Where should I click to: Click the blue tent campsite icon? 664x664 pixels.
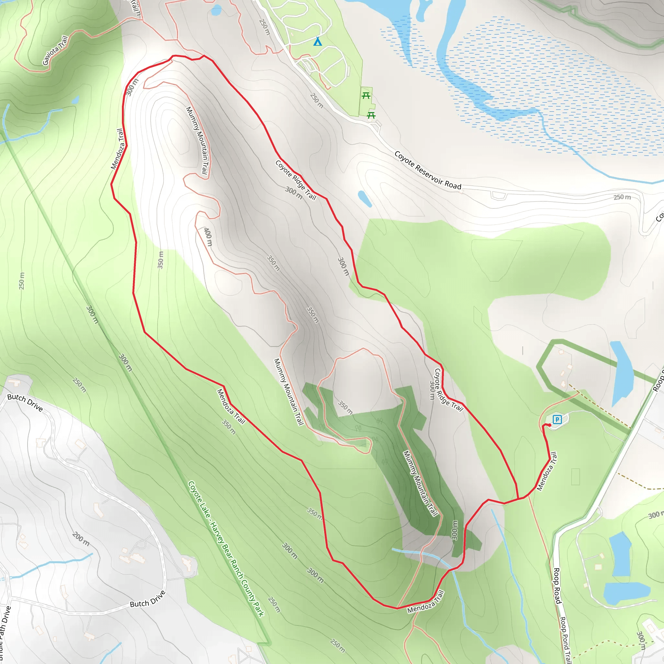(317, 42)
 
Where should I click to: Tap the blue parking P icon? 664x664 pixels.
(557, 419)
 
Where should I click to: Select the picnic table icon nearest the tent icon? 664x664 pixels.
(366, 96)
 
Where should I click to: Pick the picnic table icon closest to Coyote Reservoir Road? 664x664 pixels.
(371, 115)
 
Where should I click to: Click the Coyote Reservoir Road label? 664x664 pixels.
(428, 171)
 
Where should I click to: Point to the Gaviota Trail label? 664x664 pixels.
(55, 50)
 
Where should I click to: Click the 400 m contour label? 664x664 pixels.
(208, 237)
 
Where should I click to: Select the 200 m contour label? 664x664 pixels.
(81, 539)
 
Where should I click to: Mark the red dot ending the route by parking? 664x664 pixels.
(550, 425)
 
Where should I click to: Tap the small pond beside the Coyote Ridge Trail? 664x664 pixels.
(365, 199)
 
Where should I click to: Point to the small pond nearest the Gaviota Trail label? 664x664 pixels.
(75, 100)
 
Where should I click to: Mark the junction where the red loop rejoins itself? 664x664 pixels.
(518, 499)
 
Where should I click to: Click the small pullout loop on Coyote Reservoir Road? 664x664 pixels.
(499, 196)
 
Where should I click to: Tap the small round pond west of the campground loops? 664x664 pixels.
(216, 10)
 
